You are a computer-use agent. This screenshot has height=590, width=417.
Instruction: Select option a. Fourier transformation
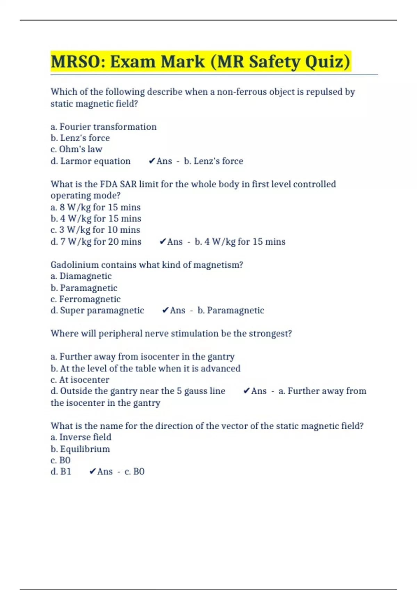(x=104, y=127)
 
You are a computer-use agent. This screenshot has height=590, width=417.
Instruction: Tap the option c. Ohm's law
(x=76, y=149)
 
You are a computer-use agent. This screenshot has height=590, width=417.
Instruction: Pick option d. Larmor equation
(x=91, y=161)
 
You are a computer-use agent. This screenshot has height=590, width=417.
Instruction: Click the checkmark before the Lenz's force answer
(x=152, y=161)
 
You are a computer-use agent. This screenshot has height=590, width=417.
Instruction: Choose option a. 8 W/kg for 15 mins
(x=96, y=207)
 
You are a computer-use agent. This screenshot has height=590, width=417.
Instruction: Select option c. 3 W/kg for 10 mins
(x=95, y=230)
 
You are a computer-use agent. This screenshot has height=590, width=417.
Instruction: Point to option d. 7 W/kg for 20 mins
(x=96, y=242)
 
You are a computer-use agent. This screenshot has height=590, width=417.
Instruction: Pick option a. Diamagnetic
(x=81, y=276)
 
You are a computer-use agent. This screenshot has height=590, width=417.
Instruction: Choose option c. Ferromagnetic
(x=85, y=299)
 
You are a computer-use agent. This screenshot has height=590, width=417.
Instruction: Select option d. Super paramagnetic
(x=97, y=310)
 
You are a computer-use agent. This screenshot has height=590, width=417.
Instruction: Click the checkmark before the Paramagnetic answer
(x=165, y=310)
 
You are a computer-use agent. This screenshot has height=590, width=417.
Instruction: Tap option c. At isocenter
(x=80, y=380)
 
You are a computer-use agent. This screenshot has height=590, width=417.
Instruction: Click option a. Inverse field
(x=81, y=437)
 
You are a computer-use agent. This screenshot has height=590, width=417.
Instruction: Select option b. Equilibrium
(x=80, y=449)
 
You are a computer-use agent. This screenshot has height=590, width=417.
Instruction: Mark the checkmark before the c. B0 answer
(x=92, y=471)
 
